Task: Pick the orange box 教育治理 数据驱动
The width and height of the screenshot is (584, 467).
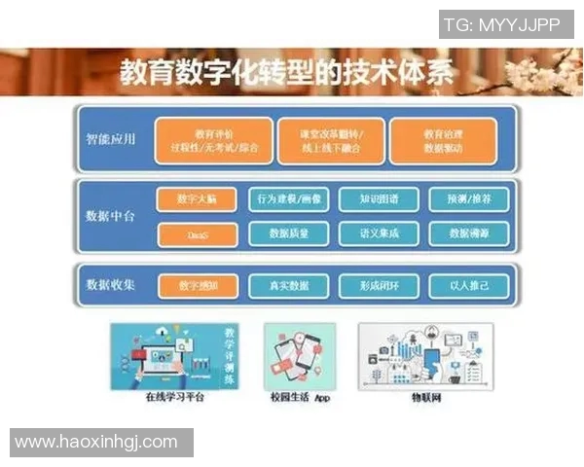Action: tap(442, 141)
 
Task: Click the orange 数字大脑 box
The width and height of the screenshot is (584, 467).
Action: tap(197, 199)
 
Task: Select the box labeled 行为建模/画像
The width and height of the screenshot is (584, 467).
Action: tap(289, 199)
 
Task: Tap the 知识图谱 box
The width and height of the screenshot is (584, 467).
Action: tap(378, 199)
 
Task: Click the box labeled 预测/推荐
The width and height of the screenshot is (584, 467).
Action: tap(468, 199)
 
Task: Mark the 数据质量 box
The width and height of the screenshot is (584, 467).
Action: tap(289, 233)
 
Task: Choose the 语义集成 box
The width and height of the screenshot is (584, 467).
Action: tap(378, 233)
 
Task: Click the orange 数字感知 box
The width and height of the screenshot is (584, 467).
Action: tap(197, 286)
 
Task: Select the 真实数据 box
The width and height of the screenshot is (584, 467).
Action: tap(289, 286)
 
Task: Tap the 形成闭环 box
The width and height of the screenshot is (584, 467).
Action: tap(378, 286)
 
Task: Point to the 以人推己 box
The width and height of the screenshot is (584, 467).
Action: tap(468, 286)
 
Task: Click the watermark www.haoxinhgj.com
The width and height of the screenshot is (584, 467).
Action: tap(97, 442)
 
